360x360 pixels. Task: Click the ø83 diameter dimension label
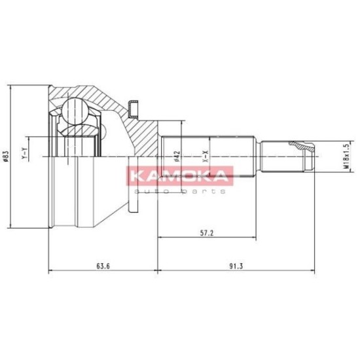click(6, 157)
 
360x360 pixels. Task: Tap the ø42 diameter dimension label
click(177, 156)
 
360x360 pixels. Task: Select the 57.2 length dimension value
click(207, 233)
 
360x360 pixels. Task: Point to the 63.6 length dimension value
click(103, 266)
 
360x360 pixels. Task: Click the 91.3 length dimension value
click(236, 266)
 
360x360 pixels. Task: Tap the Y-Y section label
click(24, 153)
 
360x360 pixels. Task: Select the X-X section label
click(206, 156)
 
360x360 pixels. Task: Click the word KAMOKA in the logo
click(180, 176)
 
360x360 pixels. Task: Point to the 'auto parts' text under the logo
click(180, 191)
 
